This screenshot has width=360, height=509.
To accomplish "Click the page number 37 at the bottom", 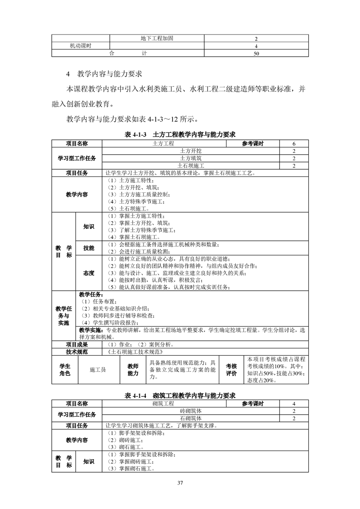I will click(x=180, y=482).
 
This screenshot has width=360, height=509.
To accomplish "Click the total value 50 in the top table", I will click(x=256, y=54).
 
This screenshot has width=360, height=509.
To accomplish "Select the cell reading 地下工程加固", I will click(x=157, y=39).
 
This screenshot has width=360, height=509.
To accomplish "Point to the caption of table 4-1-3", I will click(x=180, y=134).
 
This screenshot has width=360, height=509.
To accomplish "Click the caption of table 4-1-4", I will click(x=180, y=396).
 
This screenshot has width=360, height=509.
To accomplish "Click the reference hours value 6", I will click(x=294, y=143).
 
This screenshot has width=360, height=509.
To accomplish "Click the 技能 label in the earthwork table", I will click(x=89, y=248).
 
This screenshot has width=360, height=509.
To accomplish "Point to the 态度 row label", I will click(x=89, y=273).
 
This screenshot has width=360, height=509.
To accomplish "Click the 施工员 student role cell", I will click(x=98, y=370).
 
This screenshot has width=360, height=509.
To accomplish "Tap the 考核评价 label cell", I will click(x=232, y=370).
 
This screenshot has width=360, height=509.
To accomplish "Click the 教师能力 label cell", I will click(x=133, y=370).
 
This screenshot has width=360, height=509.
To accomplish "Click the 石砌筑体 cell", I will click(x=191, y=418).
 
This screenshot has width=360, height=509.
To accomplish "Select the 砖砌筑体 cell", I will click(x=191, y=411).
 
